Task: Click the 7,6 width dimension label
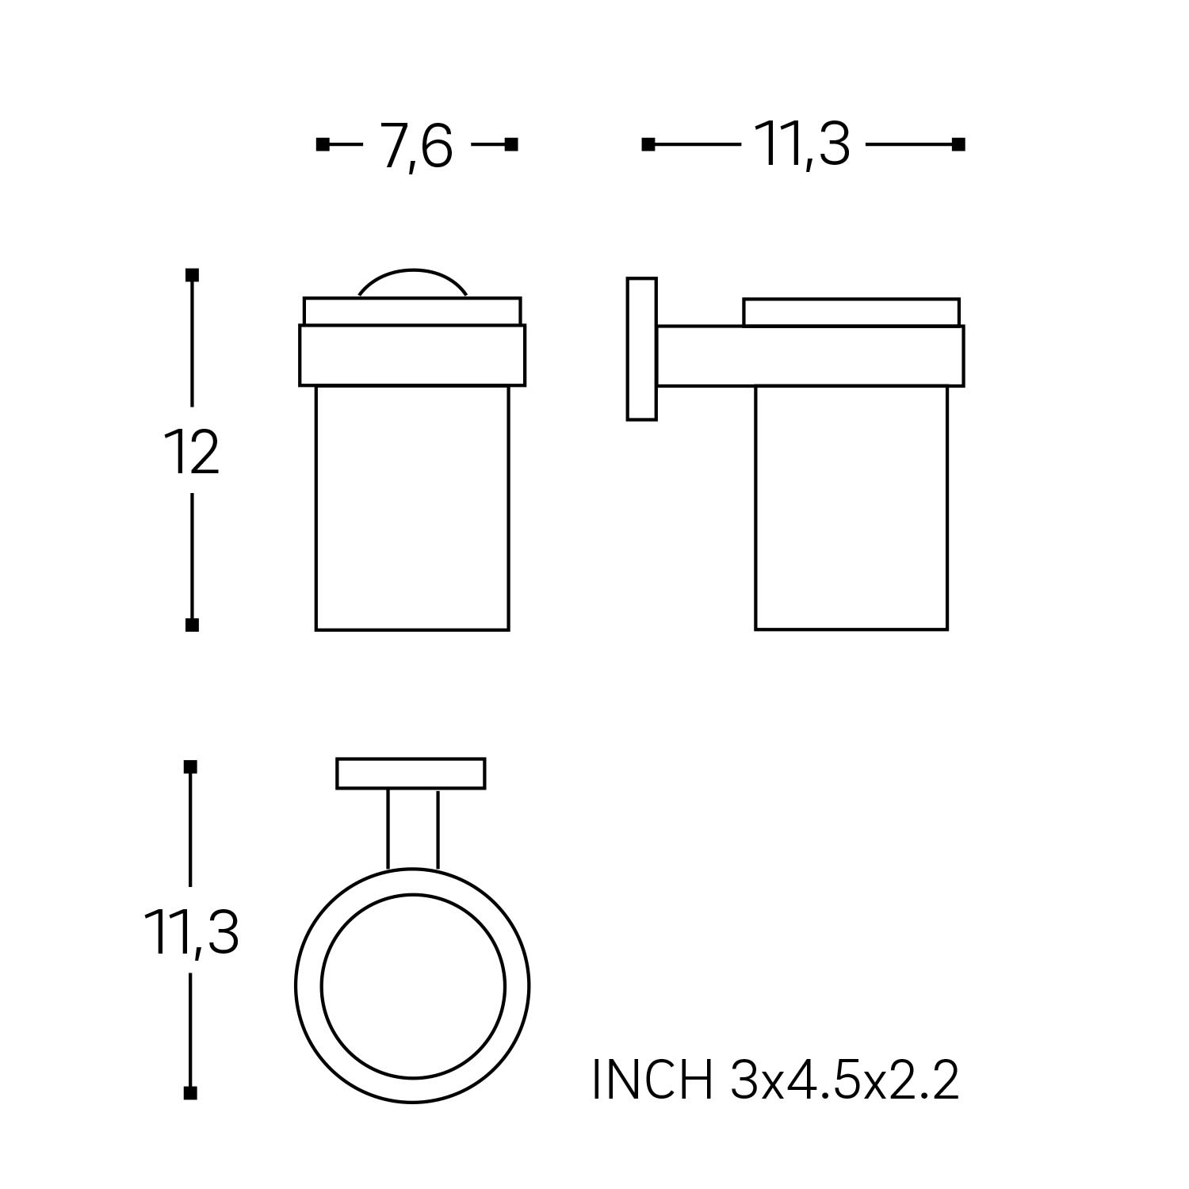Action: tap(417, 146)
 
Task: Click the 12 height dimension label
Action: tap(191, 452)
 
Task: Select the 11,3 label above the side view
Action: tap(803, 145)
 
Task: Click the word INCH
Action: tap(652, 1079)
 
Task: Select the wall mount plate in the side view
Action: tap(642, 349)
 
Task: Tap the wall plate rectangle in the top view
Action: tap(411, 774)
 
